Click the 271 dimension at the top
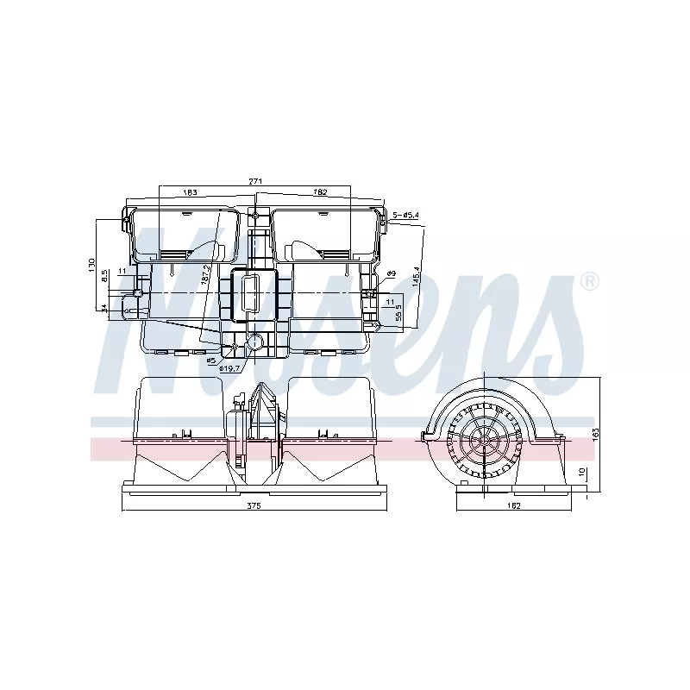[x=255, y=182]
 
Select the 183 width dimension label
[x=191, y=192]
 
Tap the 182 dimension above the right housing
[x=321, y=192]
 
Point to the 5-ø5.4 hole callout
[x=405, y=215]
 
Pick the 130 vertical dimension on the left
[x=91, y=266]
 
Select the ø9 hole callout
[x=391, y=273]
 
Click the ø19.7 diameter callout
[x=229, y=368]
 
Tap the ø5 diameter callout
[x=210, y=360]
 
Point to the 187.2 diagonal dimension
[x=205, y=274]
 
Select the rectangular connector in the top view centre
[x=254, y=293]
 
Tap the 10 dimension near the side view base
[x=582, y=473]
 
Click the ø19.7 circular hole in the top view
[x=255, y=342]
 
